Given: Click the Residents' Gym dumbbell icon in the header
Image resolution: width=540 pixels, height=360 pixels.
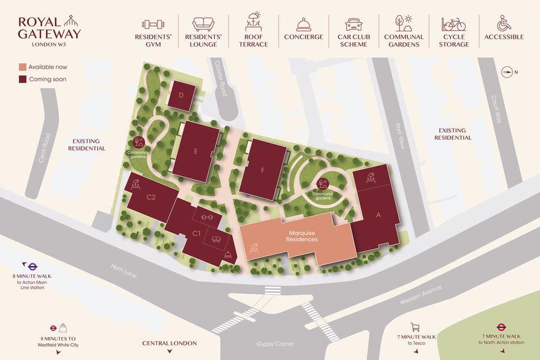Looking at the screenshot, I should (x=153, y=24).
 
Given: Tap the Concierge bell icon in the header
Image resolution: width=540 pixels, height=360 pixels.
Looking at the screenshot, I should (x=303, y=24).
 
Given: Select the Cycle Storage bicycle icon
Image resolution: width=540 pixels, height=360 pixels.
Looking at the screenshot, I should (x=453, y=24).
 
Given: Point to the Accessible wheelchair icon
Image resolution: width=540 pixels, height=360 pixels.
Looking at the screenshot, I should (x=504, y=24).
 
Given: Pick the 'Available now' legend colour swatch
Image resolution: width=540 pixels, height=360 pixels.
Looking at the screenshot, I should (x=22, y=66).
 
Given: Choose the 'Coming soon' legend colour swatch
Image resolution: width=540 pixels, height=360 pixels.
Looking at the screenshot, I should (x=22, y=79).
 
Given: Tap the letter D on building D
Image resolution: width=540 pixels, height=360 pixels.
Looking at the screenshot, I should (x=181, y=96).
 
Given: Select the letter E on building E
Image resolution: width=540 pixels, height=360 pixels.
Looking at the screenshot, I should (x=196, y=152).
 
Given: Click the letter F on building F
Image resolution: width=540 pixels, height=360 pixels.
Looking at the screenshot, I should (x=263, y=170).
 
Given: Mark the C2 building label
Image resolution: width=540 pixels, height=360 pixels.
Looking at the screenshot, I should (x=151, y=197).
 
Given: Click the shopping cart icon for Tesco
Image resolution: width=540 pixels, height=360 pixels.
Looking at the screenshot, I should (x=415, y=327).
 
